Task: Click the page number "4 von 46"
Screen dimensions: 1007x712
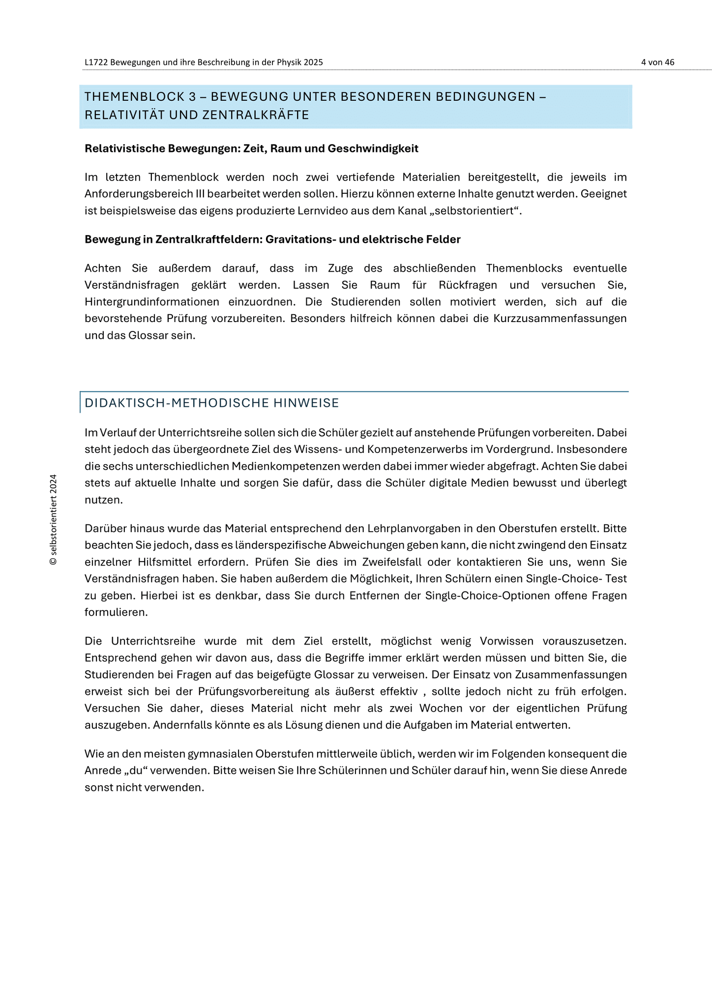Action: (x=657, y=62)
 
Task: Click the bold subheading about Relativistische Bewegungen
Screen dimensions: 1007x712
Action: (x=251, y=148)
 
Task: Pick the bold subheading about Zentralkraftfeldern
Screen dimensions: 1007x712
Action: (x=272, y=239)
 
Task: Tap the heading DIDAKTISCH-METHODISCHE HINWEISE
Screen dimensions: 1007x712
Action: (x=212, y=403)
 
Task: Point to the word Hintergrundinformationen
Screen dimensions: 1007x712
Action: (x=152, y=301)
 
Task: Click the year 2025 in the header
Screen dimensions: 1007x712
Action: (x=313, y=62)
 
